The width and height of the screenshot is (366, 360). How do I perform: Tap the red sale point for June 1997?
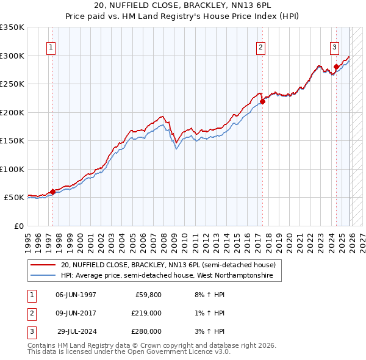pyautogui.click(x=52, y=192)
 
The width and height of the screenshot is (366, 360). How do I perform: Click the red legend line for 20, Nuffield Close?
pyautogui.click(x=43, y=265)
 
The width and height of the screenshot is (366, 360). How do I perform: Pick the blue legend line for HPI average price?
pyautogui.click(x=43, y=276)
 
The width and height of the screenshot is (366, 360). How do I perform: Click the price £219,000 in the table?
pyautogui.click(x=146, y=312)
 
